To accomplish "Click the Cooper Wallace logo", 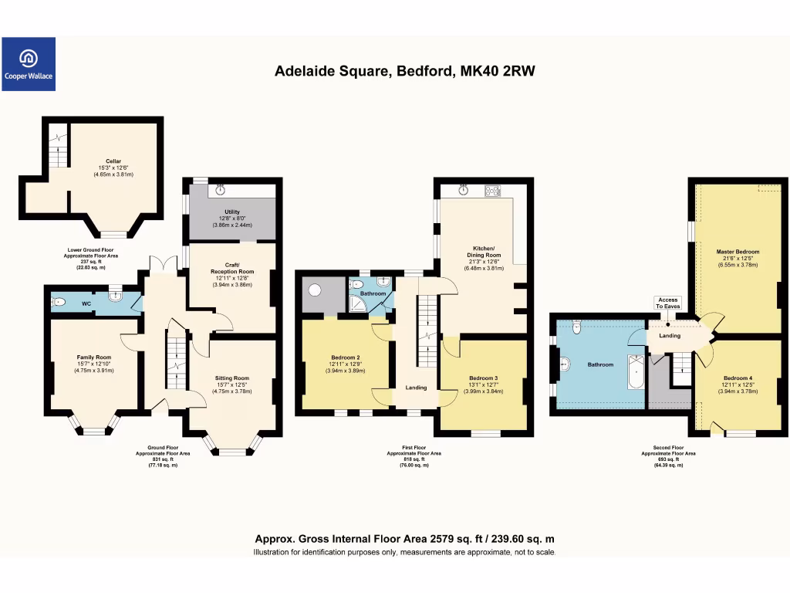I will click(29, 64).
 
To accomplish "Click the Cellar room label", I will click(113, 161).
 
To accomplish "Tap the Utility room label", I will click(232, 212).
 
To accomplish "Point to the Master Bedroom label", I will click(738, 252).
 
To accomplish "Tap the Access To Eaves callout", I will click(668, 303).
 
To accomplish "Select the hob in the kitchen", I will click(492, 190).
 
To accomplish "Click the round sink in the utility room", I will click(221, 189).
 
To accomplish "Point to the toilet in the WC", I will click(59, 303).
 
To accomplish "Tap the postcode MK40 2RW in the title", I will click(497, 71).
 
